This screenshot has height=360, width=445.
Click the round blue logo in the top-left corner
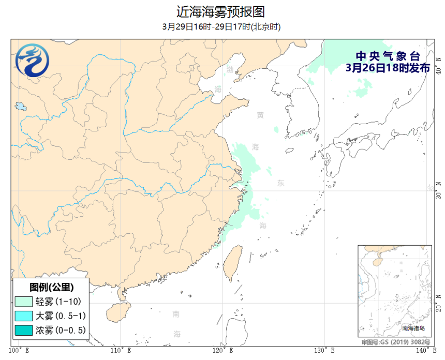pos(33,61)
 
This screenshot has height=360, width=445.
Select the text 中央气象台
pos(387,56)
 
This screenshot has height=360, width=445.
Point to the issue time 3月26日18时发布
pos(387,68)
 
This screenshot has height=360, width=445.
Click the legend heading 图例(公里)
pos(50,287)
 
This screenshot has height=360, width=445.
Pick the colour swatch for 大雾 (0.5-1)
pos(24,316)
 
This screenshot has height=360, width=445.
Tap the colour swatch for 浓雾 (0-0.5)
pos(24,329)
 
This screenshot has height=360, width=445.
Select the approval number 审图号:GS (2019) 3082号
pos(396,342)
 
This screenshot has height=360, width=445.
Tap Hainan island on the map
pos(117,312)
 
